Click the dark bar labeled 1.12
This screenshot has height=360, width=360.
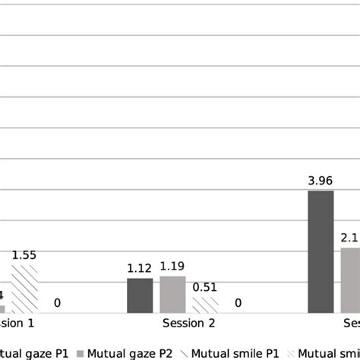(x=140, y=295)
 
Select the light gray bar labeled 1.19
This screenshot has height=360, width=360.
(x=172, y=294)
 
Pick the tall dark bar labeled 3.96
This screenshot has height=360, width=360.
(x=321, y=251)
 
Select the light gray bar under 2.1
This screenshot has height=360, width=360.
(x=350, y=279)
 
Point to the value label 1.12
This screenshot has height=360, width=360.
(x=140, y=269)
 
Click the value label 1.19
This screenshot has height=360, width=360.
(x=172, y=267)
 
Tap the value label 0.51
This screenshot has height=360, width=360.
(x=205, y=287)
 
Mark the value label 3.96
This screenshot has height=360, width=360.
(x=321, y=181)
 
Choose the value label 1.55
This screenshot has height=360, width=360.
(x=24, y=256)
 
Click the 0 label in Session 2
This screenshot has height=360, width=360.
(x=238, y=303)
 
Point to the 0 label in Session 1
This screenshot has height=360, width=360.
(x=58, y=303)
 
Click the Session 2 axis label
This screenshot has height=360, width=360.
(x=189, y=324)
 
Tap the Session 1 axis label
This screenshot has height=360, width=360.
(x=17, y=324)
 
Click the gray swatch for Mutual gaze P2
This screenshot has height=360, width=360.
(x=80, y=352)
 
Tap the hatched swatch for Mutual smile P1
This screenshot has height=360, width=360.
(x=184, y=352)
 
